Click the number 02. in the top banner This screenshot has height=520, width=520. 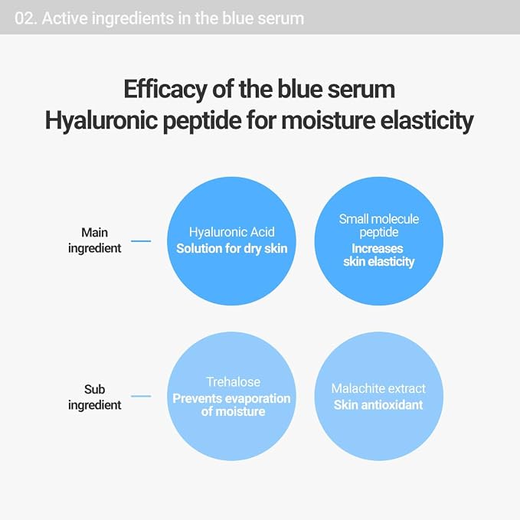[x=26, y=18]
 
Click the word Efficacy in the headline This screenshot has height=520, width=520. [x=165, y=90]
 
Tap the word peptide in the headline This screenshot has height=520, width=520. [x=203, y=121]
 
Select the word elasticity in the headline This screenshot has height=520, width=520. [x=427, y=121]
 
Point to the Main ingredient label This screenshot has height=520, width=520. [x=94, y=240]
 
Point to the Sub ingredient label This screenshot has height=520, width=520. [x=94, y=397]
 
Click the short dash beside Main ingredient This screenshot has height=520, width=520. [x=141, y=241]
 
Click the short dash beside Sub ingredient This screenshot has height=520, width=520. [x=141, y=396]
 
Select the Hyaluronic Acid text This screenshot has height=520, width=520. [x=232, y=232]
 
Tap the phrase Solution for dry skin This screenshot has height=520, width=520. [x=232, y=248]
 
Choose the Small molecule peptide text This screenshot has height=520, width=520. [x=379, y=225]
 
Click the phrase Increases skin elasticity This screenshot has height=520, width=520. [x=379, y=255]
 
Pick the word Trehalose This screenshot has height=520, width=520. [x=233, y=382]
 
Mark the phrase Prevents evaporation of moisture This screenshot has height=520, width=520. [x=231, y=405]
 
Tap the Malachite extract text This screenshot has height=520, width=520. [x=378, y=389]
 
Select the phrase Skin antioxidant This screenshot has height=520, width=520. [x=378, y=405]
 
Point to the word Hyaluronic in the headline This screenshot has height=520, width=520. [x=102, y=121]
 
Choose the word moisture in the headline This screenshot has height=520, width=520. [x=329, y=121]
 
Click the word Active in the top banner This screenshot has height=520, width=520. [x=64, y=18]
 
